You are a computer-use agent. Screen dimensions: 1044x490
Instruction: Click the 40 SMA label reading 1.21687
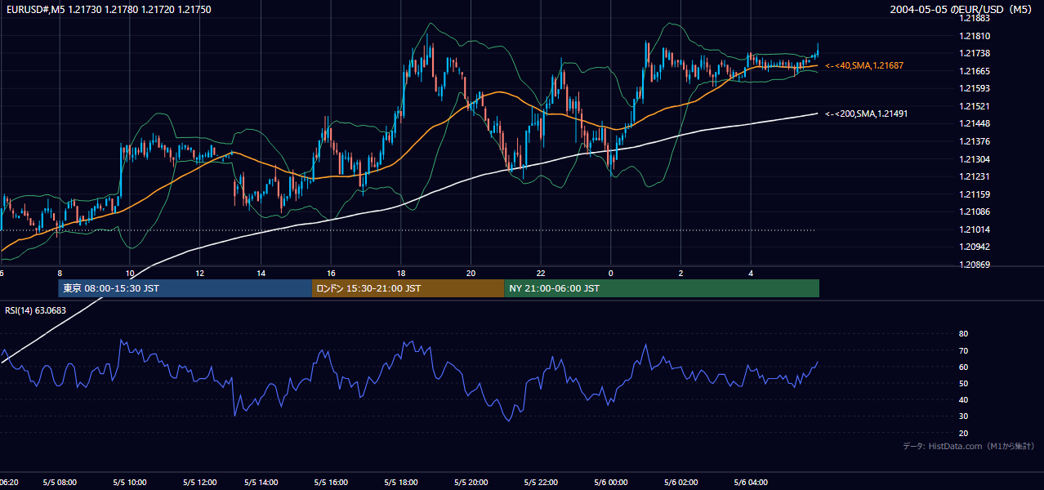[x=864, y=65]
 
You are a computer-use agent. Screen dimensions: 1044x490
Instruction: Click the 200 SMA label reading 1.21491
[x=866, y=114]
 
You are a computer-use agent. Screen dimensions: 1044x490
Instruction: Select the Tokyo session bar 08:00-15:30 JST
[x=185, y=288]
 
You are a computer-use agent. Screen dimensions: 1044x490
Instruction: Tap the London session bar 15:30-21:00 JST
[x=408, y=288]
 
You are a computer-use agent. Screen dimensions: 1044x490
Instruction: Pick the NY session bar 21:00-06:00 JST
[x=662, y=288]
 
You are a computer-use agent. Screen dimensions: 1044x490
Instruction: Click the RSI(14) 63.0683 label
[x=35, y=310]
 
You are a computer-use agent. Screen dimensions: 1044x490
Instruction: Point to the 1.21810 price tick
[x=975, y=36]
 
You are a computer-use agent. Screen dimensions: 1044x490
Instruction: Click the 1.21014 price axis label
[x=975, y=229]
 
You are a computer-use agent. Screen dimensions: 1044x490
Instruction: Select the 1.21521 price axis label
[x=975, y=106]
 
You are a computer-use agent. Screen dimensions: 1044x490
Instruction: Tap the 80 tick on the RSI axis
[x=963, y=333]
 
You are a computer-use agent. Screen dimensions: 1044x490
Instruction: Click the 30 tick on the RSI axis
[x=963, y=416]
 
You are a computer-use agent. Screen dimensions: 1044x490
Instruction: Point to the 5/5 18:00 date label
[x=401, y=482]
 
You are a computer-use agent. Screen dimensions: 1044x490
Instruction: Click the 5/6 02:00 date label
[x=681, y=482]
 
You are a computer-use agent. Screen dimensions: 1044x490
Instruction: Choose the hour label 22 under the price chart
[x=541, y=274]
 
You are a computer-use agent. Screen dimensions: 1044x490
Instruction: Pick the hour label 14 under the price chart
[x=261, y=274]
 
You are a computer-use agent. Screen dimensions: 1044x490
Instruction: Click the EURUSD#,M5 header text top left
[x=109, y=9]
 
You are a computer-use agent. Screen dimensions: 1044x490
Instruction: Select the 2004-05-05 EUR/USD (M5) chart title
[x=961, y=9]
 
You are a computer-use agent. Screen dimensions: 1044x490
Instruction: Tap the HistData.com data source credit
[x=969, y=446]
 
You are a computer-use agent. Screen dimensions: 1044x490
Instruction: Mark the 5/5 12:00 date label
[x=199, y=482]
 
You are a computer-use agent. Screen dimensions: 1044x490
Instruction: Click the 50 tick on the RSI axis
[x=963, y=383]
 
